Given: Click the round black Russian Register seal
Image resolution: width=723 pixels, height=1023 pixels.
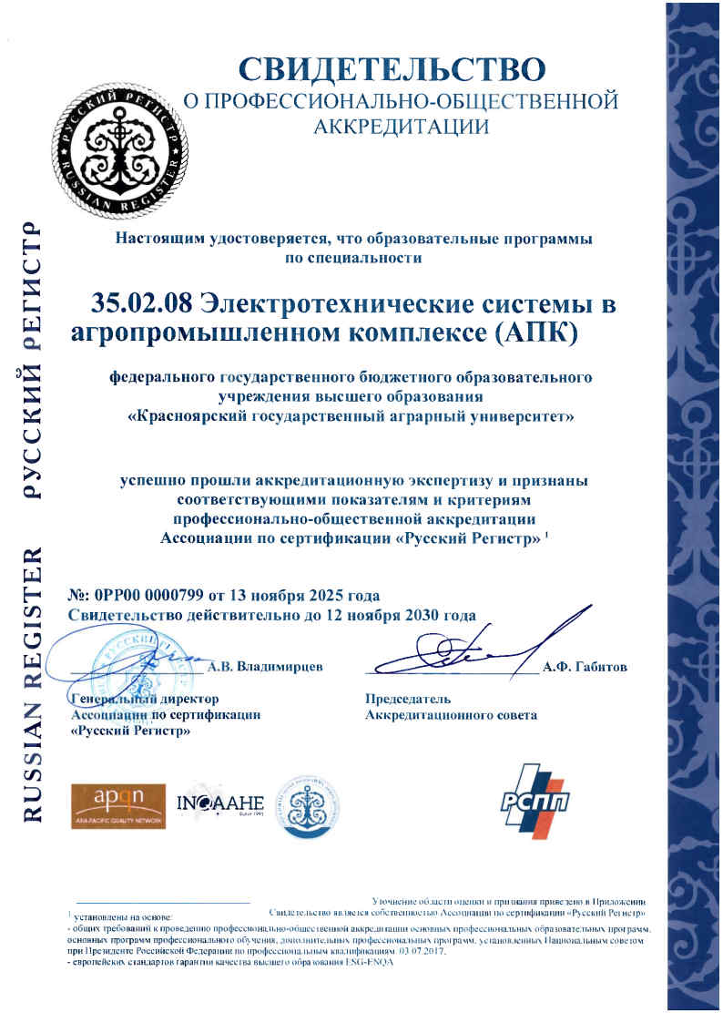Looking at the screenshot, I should point(115,140).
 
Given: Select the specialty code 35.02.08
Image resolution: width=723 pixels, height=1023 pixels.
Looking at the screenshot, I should point(141,304).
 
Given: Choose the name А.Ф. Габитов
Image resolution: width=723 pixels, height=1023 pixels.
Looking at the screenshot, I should point(585,667).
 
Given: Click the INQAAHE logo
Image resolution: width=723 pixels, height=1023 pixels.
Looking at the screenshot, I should point(219,803).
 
